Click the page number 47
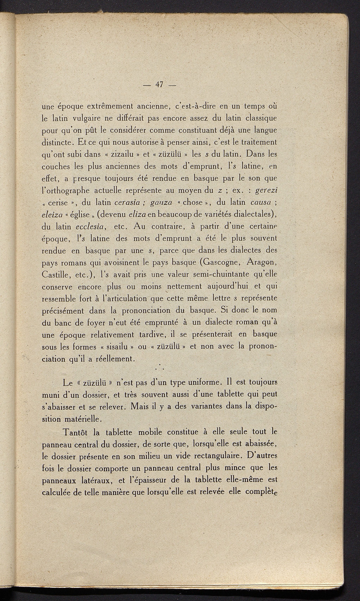pos(160,85)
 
